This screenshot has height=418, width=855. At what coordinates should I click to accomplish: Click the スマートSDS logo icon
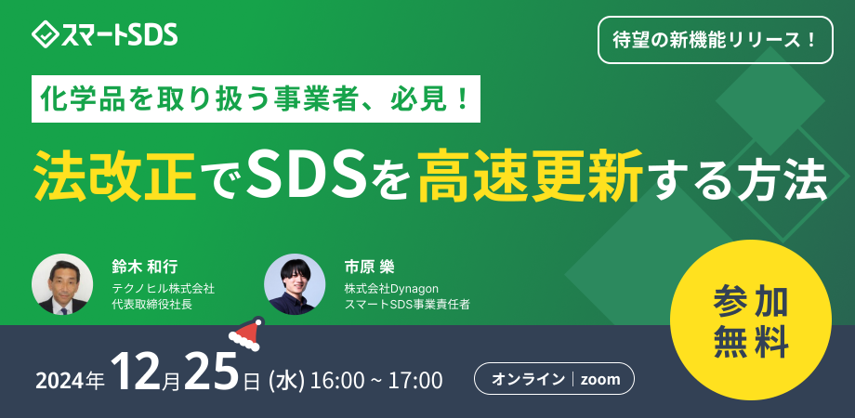coord(44,36)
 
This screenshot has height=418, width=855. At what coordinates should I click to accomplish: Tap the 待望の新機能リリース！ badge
coord(714,41)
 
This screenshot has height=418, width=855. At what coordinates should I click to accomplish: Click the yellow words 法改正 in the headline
coord(114,172)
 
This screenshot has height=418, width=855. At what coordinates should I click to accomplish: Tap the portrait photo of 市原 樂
coord(295,284)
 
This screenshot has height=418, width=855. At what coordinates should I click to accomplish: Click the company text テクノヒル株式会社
coord(163,289)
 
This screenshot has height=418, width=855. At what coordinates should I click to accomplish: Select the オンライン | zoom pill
coord(555,379)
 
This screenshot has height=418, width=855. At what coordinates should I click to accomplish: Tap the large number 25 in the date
coord(212,373)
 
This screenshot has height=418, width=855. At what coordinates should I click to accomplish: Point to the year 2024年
coord(70,380)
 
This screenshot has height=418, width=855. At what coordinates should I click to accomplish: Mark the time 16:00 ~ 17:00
coord(376,380)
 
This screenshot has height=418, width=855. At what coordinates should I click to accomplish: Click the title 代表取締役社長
coord(151,305)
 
